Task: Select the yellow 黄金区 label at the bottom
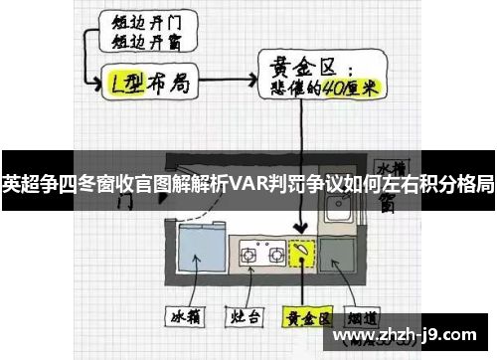(x=305, y=320)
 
